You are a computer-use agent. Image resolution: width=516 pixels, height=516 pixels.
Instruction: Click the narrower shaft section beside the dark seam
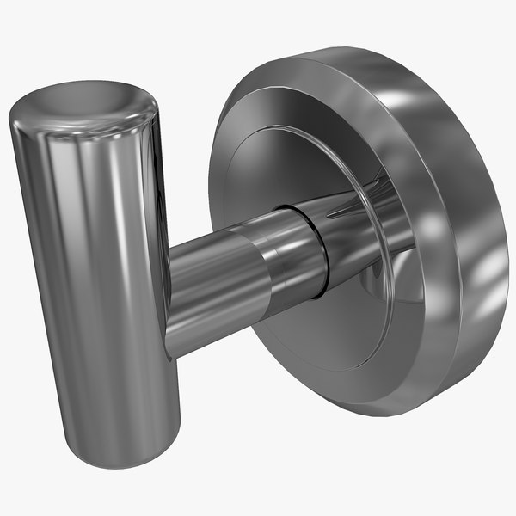point(297,249)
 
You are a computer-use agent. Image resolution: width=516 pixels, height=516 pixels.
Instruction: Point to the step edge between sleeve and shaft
point(263,267)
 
